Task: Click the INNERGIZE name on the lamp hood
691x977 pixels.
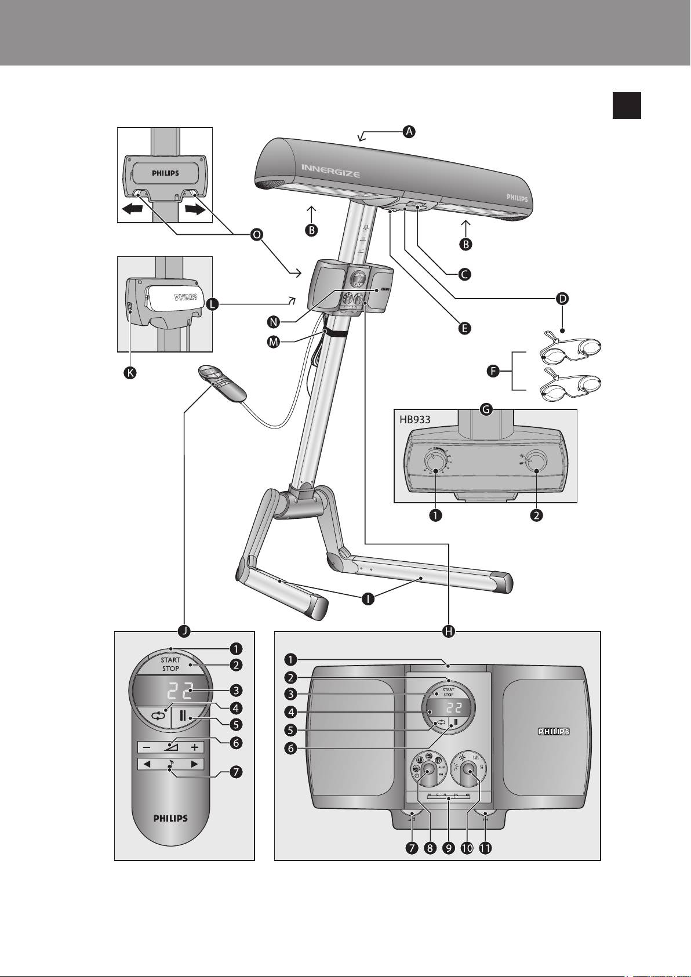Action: [330, 170]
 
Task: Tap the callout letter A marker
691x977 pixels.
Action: [409, 132]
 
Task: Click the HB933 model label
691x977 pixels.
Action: [415, 419]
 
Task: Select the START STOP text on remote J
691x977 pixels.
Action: [170, 664]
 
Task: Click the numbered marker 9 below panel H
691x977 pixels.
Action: [448, 848]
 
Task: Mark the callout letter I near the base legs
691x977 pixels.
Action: [368, 600]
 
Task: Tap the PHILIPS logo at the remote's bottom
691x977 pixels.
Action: [170, 818]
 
